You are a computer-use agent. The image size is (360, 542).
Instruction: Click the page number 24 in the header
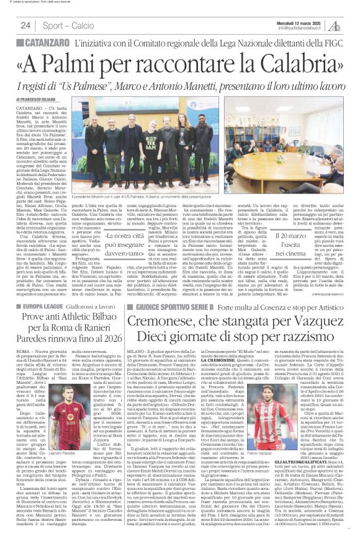coord(26,25)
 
